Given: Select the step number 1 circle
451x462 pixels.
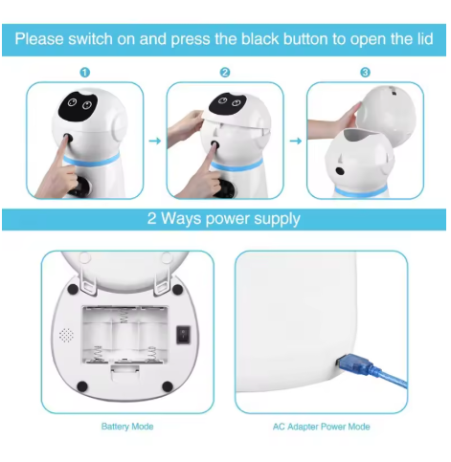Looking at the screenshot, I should point(84,72).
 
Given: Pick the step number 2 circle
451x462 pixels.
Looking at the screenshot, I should point(225,72).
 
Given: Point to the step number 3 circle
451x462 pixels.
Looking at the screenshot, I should point(365,72).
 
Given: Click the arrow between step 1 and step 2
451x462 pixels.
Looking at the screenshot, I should point(155,140).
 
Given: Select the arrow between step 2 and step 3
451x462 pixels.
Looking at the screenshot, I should point(295,140).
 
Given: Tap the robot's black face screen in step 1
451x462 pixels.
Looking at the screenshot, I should point(75,107).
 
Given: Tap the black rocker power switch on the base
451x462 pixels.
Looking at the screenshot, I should point(185,335).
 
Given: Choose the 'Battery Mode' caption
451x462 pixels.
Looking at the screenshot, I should point(127,426).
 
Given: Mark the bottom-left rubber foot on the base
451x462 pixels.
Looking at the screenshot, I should point(82,386).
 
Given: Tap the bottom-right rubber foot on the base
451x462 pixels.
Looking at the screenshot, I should point(179,387).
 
